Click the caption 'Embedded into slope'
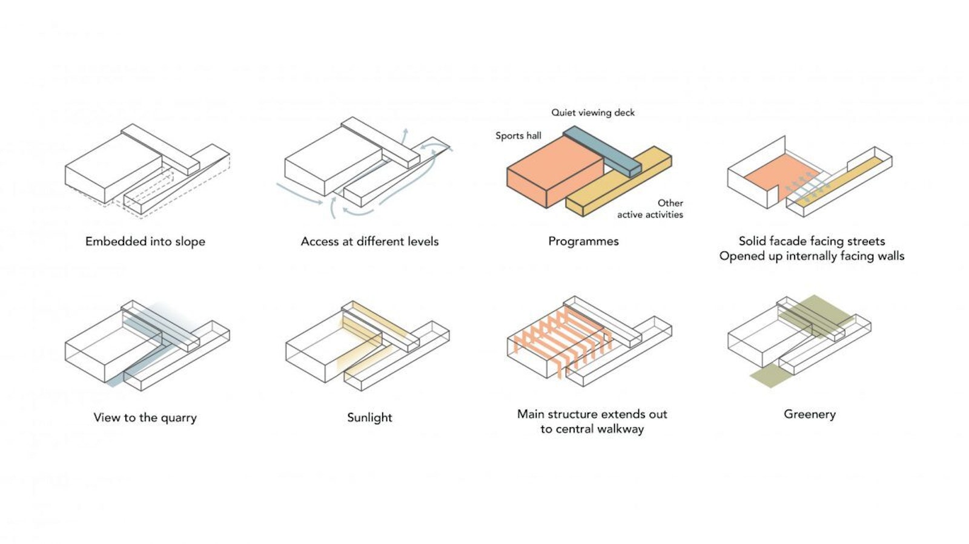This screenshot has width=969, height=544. pyautogui.click(x=145, y=241)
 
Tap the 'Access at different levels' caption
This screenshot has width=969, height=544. pyautogui.click(x=369, y=241)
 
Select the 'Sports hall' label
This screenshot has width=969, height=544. pyautogui.click(x=518, y=136)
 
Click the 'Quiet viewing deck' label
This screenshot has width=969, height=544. pyautogui.click(x=593, y=113)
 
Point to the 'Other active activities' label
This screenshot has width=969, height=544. pyautogui.click(x=650, y=209)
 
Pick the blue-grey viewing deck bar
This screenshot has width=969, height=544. pyautogui.click(x=603, y=151)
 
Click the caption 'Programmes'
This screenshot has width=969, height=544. pyautogui.click(x=583, y=241)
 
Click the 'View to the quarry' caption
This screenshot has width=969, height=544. pyautogui.click(x=145, y=418)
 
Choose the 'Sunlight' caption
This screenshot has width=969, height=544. pyautogui.click(x=369, y=418)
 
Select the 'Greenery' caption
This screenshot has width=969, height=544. pyautogui.click(x=810, y=415)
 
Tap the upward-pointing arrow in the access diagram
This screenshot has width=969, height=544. pyautogui.click(x=406, y=134)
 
